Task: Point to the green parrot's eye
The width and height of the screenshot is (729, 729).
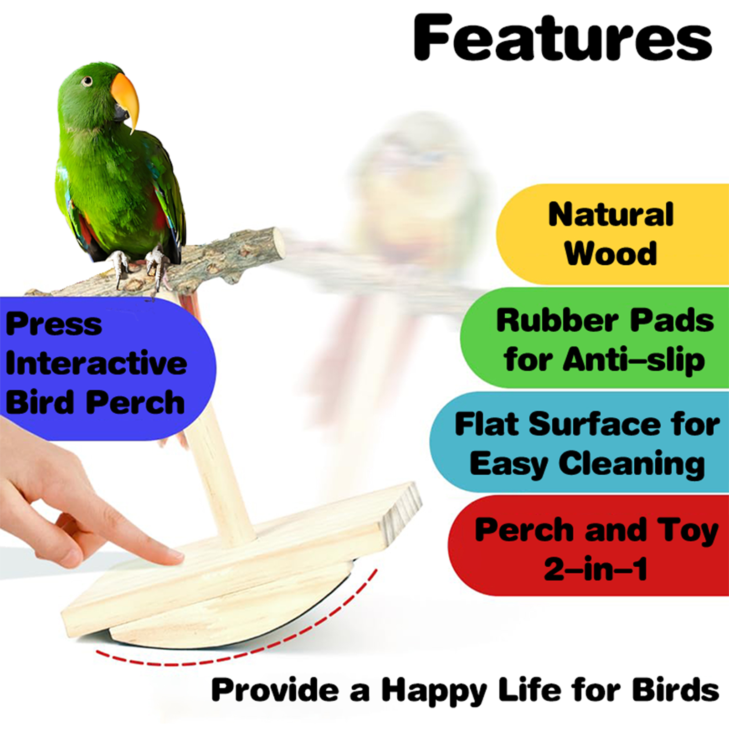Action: point(87,82)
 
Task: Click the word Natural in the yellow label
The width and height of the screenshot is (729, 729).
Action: point(611,214)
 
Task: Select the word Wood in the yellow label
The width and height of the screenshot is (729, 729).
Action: point(611,253)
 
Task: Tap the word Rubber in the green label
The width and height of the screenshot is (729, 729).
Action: point(557,320)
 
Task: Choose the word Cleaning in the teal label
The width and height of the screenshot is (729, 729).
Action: point(632,464)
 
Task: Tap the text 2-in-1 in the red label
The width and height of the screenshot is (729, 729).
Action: point(596,569)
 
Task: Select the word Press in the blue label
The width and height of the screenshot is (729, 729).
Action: point(54,324)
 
